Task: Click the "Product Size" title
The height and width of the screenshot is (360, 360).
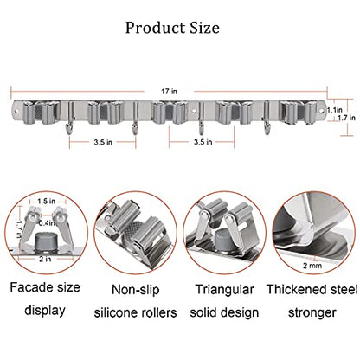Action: pyautogui.click(x=172, y=28)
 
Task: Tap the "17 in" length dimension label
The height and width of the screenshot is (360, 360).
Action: pyautogui.click(x=169, y=92)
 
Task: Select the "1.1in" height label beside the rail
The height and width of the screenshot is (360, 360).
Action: pyautogui.click(x=334, y=110)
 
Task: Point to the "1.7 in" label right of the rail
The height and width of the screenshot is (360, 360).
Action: pyautogui.click(x=346, y=118)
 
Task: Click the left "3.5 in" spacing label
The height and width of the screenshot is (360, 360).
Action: pyautogui.click(x=103, y=142)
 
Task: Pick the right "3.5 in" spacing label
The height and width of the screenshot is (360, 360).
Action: pyautogui.click(x=203, y=142)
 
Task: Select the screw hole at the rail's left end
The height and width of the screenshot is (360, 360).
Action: pyautogui.click(x=16, y=110)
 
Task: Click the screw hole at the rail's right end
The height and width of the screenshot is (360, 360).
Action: pyautogui.click(x=321, y=110)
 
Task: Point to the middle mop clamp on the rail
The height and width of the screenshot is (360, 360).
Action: pyautogui.click(x=170, y=112)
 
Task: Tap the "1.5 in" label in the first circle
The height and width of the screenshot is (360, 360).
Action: pyautogui.click(x=46, y=201)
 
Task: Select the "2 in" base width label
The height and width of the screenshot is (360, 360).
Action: pyautogui.click(x=45, y=259)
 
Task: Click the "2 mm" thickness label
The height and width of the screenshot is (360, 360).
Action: pyautogui.click(x=312, y=266)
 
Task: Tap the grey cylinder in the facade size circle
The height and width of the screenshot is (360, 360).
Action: pyautogui.click(x=45, y=241)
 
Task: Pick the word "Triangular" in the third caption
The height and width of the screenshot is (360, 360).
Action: pyautogui.click(x=225, y=290)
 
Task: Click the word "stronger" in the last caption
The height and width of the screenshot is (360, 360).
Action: pyautogui.click(x=312, y=313)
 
